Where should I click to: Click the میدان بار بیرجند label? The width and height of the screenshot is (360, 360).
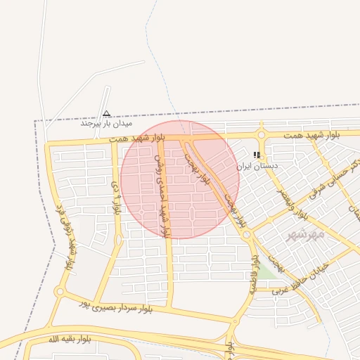106,123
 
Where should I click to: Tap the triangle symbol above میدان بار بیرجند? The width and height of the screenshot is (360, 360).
106,112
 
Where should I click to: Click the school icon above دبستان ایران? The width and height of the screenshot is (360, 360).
257,155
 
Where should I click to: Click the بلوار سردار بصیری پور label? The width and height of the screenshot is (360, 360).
117,303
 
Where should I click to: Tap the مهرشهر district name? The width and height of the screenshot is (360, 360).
307,233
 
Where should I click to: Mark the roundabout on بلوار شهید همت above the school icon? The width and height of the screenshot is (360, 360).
262,135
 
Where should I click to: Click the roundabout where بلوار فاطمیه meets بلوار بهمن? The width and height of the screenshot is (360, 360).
247,235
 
